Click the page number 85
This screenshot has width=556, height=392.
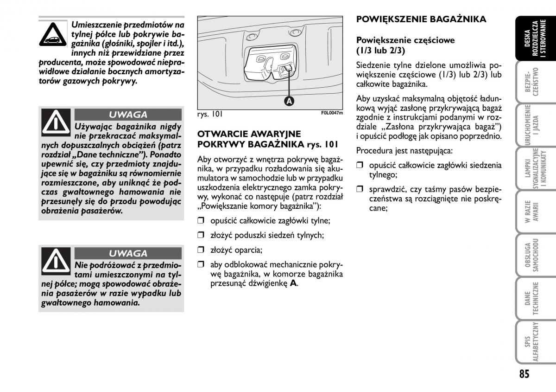point(524,373)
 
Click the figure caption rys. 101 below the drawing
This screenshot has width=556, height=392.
point(207,114)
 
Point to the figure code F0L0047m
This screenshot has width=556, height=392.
point(332,113)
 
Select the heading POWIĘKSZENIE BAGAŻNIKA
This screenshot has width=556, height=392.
point(421,19)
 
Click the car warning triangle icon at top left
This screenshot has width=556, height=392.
point(54,35)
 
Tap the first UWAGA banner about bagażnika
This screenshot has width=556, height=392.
point(128,115)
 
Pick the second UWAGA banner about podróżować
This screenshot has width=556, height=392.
point(128,253)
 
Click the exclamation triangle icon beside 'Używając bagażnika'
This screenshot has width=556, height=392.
point(56,122)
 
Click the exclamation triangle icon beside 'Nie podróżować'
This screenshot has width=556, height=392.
point(56,260)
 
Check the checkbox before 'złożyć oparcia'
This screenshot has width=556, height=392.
point(201,250)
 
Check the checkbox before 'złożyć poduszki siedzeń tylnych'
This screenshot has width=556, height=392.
point(201,235)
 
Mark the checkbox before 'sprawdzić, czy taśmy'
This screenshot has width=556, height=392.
point(360,189)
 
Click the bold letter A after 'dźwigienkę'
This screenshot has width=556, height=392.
point(293,283)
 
